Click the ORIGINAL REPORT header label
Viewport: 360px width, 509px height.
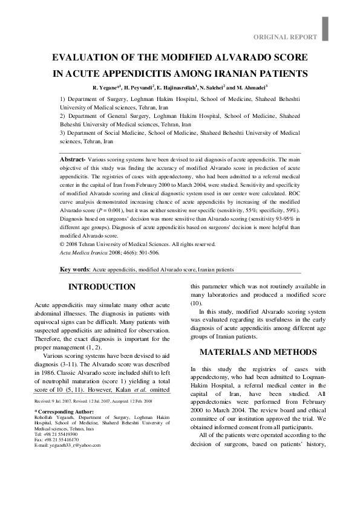(x=285, y=37)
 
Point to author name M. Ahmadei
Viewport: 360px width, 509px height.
(x=255, y=88)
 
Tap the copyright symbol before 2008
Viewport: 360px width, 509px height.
(x=62, y=244)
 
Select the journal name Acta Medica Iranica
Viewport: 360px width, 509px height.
(x=85, y=252)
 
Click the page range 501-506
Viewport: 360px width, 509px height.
(x=145, y=252)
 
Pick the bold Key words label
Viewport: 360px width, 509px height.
(x=74, y=270)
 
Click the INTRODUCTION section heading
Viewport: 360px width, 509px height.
(x=102, y=287)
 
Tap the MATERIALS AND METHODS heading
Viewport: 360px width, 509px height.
(x=258, y=352)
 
